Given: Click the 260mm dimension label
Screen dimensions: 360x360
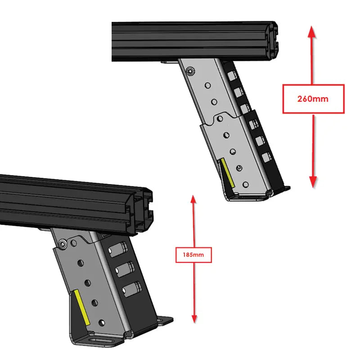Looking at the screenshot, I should coord(313,99).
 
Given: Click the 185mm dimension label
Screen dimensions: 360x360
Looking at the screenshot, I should coord(194,255).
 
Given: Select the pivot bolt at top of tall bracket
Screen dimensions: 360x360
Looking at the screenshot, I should coord(191,71).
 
